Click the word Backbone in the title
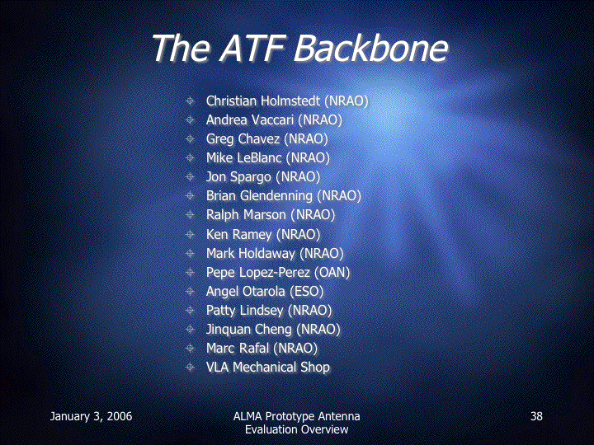click(x=371, y=49)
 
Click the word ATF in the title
click(x=252, y=49)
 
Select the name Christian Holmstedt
click(x=263, y=101)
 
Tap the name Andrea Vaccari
click(x=250, y=120)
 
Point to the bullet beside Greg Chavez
click(x=191, y=139)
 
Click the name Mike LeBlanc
click(x=244, y=157)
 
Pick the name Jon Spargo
click(x=238, y=177)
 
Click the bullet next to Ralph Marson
click(x=191, y=214)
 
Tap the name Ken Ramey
click(x=239, y=235)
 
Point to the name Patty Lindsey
click(x=245, y=311)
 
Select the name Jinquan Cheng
click(x=249, y=330)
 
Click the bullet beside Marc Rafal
click(x=191, y=348)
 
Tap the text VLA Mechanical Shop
click(x=268, y=367)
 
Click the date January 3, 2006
click(x=91, y=417)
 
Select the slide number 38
click(x=536, y=416)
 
